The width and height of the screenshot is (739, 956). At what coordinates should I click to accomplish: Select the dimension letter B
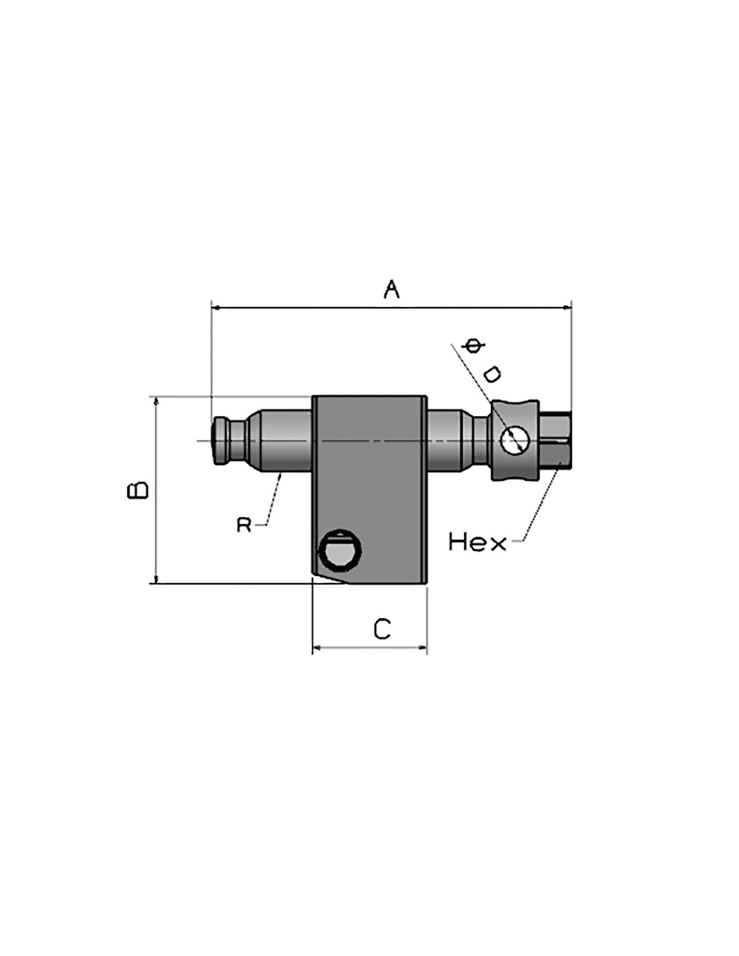[x=138, y=490]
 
